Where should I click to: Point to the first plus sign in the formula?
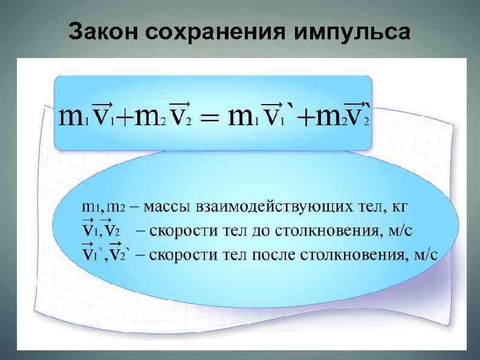pos(123,119)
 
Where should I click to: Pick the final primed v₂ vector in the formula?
pos(359,113)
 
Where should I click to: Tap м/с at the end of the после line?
pos(424,253)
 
